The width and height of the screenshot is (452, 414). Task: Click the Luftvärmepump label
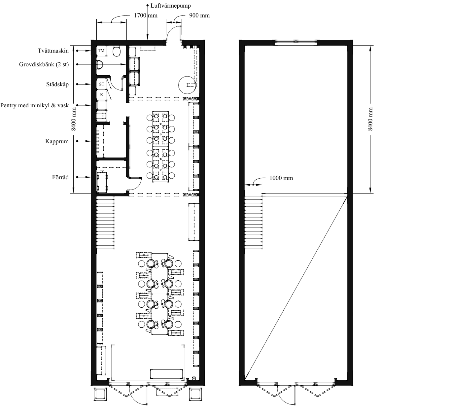[x=171, y=6]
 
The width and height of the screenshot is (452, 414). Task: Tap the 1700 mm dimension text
[x=146, y=16]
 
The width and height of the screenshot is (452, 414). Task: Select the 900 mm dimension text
[x=199, y=16]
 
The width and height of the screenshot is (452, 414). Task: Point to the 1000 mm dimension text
[x=281, y=178]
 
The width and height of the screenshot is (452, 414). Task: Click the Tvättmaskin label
[x=53, y=51]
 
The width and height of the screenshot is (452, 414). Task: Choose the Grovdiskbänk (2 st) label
[x=44, y=64]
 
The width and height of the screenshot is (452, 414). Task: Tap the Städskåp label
[x=57, y=84]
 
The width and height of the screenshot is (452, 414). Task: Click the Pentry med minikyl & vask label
[x=34, y=105]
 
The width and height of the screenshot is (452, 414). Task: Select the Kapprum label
[x=57, y=141]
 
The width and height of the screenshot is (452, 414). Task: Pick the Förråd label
[x=60, y=177]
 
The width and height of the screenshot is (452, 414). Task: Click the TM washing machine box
[x=101, y=51]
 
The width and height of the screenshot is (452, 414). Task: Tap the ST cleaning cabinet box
[x=102, y=84]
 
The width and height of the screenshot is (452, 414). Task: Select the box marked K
[x=102, y=95]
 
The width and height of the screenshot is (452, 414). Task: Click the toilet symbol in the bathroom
[x=117, y=51]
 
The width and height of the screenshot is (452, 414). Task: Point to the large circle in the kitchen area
[x=188, y=85]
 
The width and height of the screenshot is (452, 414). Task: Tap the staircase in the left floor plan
[x=105, y=223]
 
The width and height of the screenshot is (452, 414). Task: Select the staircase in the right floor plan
[x=253, y=223]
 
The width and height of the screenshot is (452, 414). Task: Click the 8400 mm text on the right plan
[x=370, y=119]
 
